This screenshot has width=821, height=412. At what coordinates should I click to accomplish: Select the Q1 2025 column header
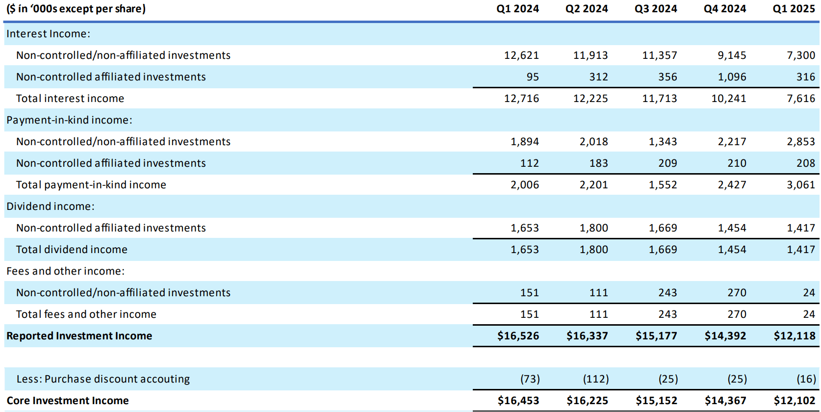click(794, 9)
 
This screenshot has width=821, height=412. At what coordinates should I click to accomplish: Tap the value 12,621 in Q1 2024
click(521, 55)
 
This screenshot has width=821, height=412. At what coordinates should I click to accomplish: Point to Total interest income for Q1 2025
click(801, 99)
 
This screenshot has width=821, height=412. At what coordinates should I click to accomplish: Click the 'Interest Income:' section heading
click(48, 34)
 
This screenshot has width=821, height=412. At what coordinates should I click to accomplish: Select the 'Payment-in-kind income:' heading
click(69, 120)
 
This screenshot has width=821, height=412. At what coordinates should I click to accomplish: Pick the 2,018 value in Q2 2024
click(593, 142)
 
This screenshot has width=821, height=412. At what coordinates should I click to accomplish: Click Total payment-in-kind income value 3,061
click(801, 185)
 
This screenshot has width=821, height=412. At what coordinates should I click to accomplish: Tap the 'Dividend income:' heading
click(50, 206)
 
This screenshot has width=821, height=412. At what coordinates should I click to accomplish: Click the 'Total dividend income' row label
click(72, 250)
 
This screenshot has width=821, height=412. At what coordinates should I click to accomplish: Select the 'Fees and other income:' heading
click(65, 271)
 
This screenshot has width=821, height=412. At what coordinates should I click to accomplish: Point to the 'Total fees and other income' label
click(86, 314)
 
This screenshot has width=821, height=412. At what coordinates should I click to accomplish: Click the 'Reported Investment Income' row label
click(79, 336)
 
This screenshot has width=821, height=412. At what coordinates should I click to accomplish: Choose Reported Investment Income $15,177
click(656, 336)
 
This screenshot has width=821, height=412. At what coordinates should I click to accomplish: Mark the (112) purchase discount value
click(595, 379)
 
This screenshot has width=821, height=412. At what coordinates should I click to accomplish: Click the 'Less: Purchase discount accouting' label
click(103, 379)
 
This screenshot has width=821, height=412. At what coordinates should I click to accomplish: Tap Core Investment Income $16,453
click(518, 401)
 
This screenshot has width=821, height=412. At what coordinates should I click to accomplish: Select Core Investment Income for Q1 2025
click(794, 401)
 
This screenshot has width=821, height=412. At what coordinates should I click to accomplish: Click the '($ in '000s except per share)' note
click(76, 9)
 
